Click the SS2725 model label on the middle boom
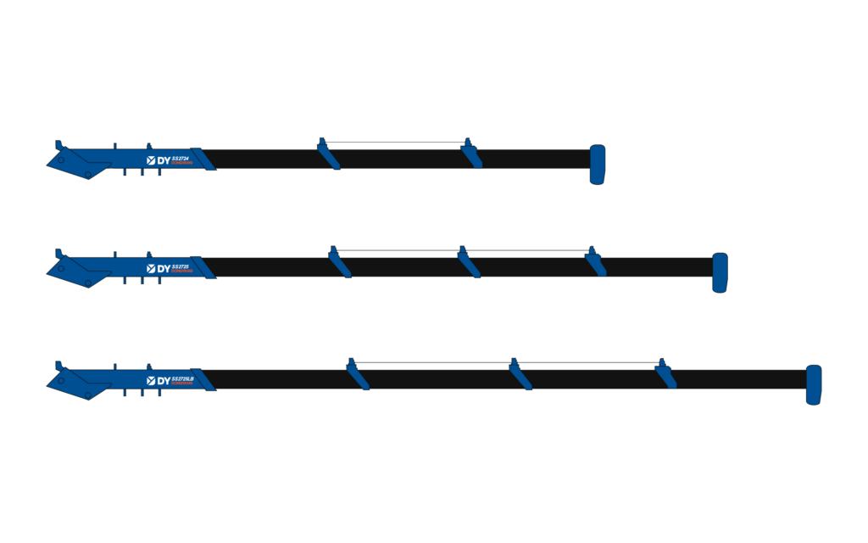click(181, 266)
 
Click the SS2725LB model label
click(183, 378)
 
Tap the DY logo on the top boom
click(158, 160)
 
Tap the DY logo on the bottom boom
click(158, 381)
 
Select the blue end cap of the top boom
click(598, 164)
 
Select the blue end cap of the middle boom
click(720, 272)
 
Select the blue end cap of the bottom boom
click(814, 384)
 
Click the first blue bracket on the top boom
click(328, 155)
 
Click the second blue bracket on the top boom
click(471, 155)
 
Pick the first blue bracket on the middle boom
click(339, 263)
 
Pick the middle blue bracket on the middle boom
click(468, 263)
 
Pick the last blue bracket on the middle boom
click(595, 263)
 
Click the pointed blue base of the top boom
click(76, 164)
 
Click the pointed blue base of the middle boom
click(76, 272)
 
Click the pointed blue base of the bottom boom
click(76, 384)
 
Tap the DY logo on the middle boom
click(158, 269)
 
